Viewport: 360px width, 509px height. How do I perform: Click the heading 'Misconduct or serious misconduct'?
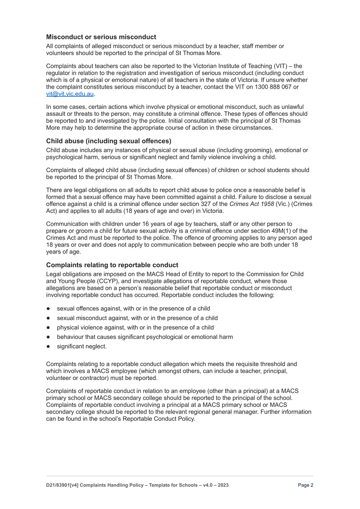(101, 37)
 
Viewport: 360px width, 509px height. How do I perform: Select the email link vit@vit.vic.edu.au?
(70, 94)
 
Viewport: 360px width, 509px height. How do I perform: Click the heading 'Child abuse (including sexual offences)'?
(109, 141)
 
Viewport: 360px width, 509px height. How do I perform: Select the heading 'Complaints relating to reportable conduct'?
(112, 265)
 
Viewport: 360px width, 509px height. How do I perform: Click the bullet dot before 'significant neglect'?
(49, 347)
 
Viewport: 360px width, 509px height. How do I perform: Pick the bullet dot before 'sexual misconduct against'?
(49, 318)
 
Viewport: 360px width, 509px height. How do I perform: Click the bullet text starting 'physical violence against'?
(135, 327)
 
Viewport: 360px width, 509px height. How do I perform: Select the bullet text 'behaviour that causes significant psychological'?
(145, 337)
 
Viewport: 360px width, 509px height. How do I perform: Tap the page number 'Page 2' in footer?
(305, 485)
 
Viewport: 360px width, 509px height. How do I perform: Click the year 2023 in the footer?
(223, 485)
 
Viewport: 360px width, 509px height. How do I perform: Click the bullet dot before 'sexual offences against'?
(49, 309)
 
